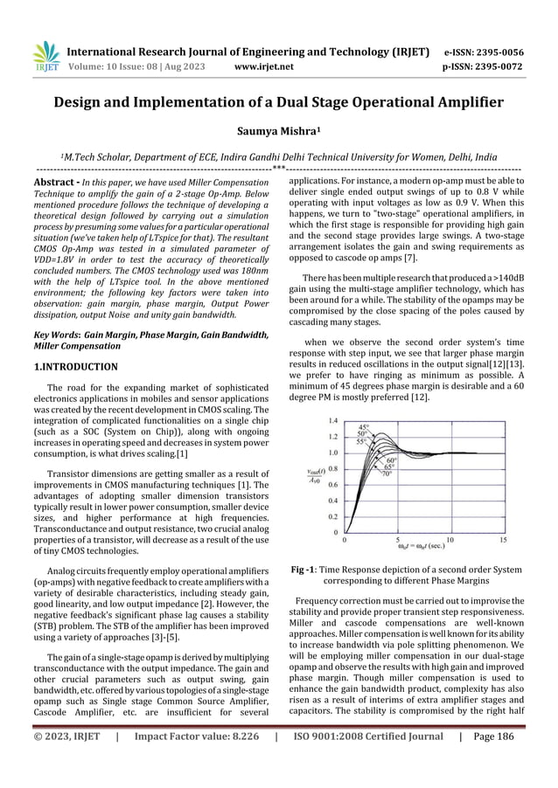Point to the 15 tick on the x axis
pyautogui.click(x=503, y=540)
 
